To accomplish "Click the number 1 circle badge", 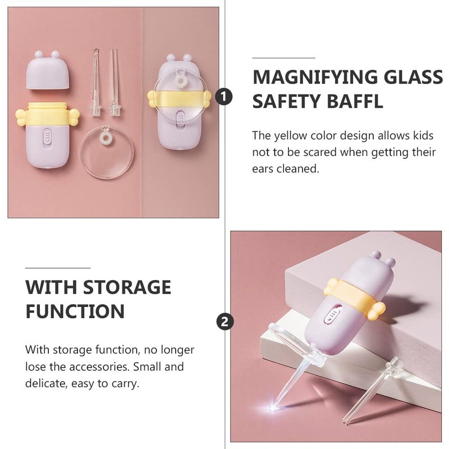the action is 224,96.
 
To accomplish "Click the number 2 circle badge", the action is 225,321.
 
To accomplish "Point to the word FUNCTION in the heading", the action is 75,311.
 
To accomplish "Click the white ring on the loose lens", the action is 106,138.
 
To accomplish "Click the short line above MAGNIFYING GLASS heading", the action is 283,58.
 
